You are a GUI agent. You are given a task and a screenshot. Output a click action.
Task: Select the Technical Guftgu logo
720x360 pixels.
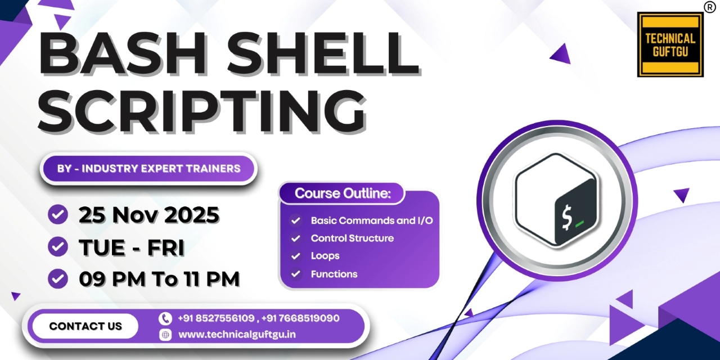[x=670, y=45]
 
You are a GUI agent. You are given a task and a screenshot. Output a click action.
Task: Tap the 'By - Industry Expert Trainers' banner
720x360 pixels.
[x=149, y=168]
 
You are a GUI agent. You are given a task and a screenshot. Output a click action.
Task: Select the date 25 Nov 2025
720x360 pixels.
[x=149, y=215]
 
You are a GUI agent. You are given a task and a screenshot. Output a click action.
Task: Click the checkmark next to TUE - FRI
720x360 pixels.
[x=58, y=246]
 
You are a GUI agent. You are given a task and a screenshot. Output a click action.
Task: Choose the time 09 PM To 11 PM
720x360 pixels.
[x=159, y=278]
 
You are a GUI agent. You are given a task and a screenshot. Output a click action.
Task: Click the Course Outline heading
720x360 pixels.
[x=342, y=193]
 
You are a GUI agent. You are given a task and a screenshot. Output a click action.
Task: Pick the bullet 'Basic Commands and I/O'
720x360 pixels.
[x=372, y=220]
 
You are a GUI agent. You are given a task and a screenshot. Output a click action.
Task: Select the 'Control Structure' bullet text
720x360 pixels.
[x=352, y=238]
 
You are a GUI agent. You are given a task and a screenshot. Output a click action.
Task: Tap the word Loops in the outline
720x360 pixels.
[x=325, y=256]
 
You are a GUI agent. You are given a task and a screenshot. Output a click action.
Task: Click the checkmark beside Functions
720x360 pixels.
[x=295, y=274]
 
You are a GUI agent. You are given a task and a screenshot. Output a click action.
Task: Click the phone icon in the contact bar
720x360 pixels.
[x=165, y=318]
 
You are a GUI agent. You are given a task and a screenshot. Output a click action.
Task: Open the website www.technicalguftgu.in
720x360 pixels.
[x=237, y=335]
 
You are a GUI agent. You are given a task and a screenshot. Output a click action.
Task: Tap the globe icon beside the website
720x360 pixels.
[x=165, y=335]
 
